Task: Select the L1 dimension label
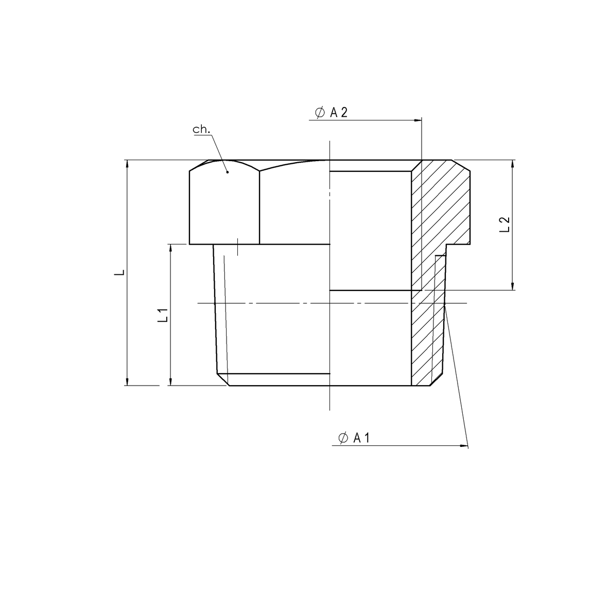click(163, 315)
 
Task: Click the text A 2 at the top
click(338, 113)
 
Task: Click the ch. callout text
click(201, 130)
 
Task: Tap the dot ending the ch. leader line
click(227, 172)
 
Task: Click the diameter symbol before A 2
click(319, 113)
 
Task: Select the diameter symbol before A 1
click(343, 438)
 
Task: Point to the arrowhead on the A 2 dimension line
click(418, 120)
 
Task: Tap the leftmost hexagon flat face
click(224, 206)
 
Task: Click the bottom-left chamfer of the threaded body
click(223, 380)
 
